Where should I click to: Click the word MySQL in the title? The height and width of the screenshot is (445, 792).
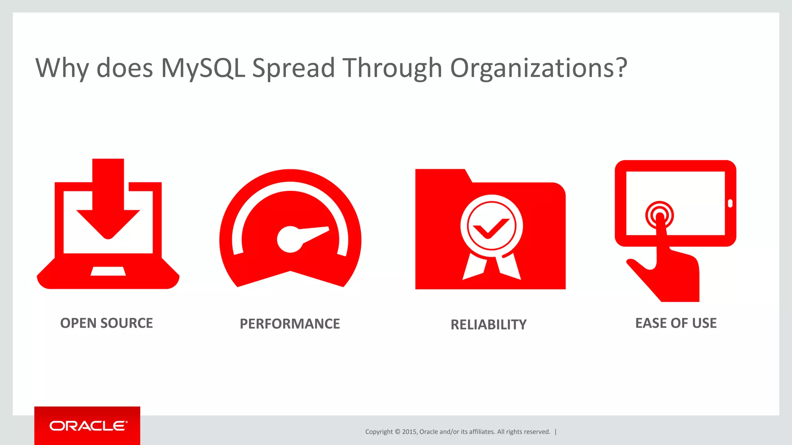(203, 68)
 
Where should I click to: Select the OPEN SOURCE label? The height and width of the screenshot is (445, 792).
(106, 323)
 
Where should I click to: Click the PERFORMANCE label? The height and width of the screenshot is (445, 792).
(290, 324)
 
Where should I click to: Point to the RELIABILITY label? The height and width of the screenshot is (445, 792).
(488, 324)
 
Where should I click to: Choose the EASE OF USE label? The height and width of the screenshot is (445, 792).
(676, 323)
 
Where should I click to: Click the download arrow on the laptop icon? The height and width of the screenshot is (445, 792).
(108, 201)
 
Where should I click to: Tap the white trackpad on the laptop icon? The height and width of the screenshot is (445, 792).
(108, 271)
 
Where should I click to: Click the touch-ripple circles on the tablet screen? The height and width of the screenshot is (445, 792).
(659, 215)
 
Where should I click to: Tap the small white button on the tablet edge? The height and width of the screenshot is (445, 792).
(730, 203)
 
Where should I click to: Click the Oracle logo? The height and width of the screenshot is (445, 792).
(88, 426)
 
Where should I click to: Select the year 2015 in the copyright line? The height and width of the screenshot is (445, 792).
(409, 432)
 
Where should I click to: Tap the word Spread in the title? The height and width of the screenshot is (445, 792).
(293, 68)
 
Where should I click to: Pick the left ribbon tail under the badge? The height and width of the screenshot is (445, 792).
(473, 267)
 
